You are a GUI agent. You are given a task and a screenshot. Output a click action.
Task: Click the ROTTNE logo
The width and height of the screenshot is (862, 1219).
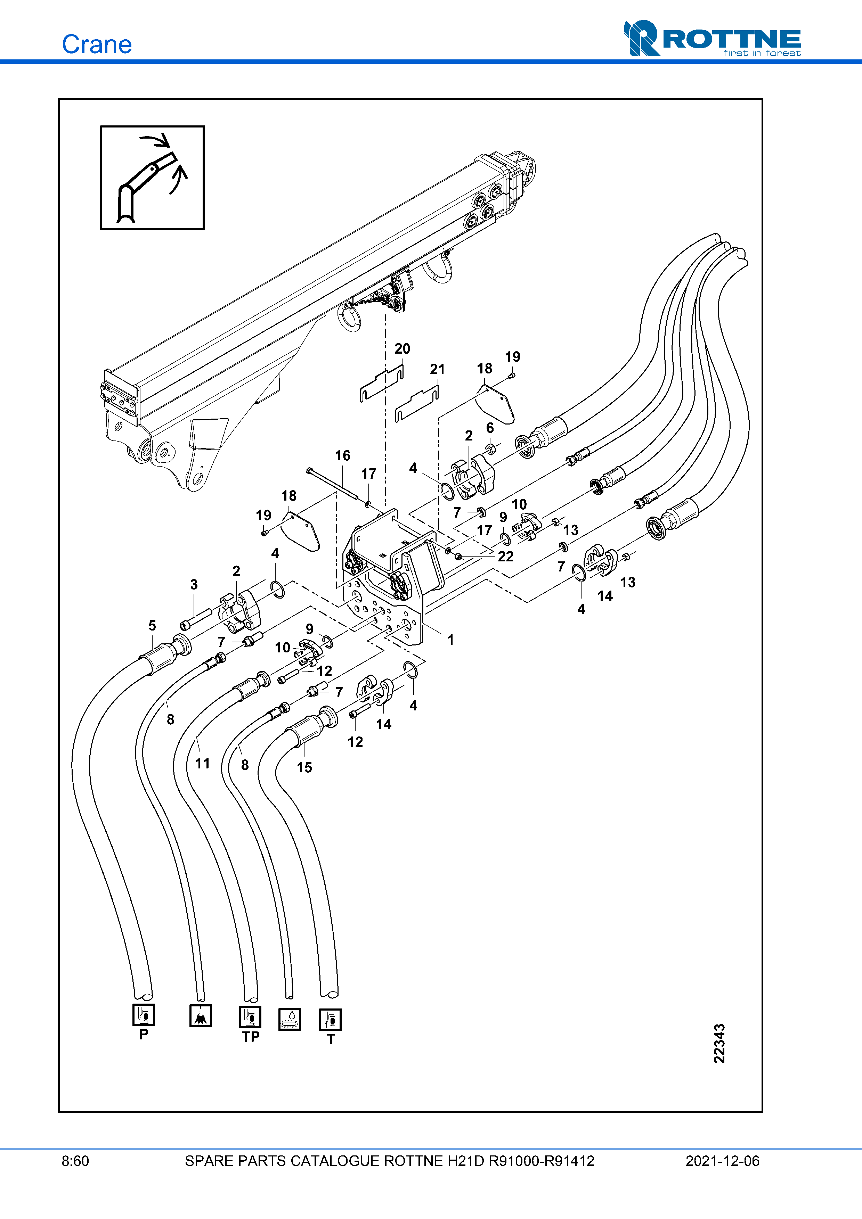pyautogui.click(x=712, y=39)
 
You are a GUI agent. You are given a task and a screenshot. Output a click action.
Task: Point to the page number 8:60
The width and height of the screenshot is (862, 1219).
pyautogui.click(x=75, y=1161)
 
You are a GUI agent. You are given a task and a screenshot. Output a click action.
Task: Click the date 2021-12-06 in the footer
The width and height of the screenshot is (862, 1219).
pyautogui.click(x=722, y=1161)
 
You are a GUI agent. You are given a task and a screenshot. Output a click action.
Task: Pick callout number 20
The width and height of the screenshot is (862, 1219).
pyautogui.click(x=402, y=349)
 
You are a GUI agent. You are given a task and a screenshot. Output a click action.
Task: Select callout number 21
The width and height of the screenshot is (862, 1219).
pyautogui.click(x=437, y=370)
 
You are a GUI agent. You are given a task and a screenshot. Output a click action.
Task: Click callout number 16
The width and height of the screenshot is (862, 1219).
pyautogui.click(x=343, y=455)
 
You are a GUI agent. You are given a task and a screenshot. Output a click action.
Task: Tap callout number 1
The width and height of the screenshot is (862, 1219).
pyautogui.click(x=450, y=640)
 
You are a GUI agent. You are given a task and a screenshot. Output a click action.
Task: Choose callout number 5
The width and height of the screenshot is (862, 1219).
pyautogui.click(x=153, y=625)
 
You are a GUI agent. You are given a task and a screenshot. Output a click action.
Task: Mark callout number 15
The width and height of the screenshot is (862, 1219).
pyautogui.click(x=304, y=767)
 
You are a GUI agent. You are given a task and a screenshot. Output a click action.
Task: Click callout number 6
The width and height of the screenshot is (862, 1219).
pyautogui.click(x=490, y=428)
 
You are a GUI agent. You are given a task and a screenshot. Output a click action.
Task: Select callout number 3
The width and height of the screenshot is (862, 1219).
pyautogui.click(x=194, y=585)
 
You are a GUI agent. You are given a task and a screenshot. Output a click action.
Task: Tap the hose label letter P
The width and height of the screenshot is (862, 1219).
pyautogui.click(x=144, y=1034)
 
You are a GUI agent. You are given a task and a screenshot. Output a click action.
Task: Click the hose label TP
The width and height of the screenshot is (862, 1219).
pyautogui.click(x=251, y=1037)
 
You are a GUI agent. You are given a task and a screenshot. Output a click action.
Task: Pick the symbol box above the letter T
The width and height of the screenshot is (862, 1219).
pyautogui.click(x=330, y=1019)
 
